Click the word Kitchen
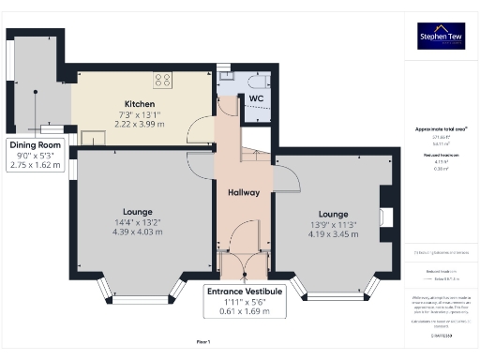click(142, 104)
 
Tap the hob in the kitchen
click(161, 80)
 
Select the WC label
click(255, 97)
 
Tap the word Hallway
click(244, 192)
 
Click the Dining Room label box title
click(36, 145)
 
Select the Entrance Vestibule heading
click(245, 292)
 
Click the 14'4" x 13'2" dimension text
click(138, 222)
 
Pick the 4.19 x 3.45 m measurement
click(334, 234)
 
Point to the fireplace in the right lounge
click(384, 216)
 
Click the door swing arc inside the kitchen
click(198, 133)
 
